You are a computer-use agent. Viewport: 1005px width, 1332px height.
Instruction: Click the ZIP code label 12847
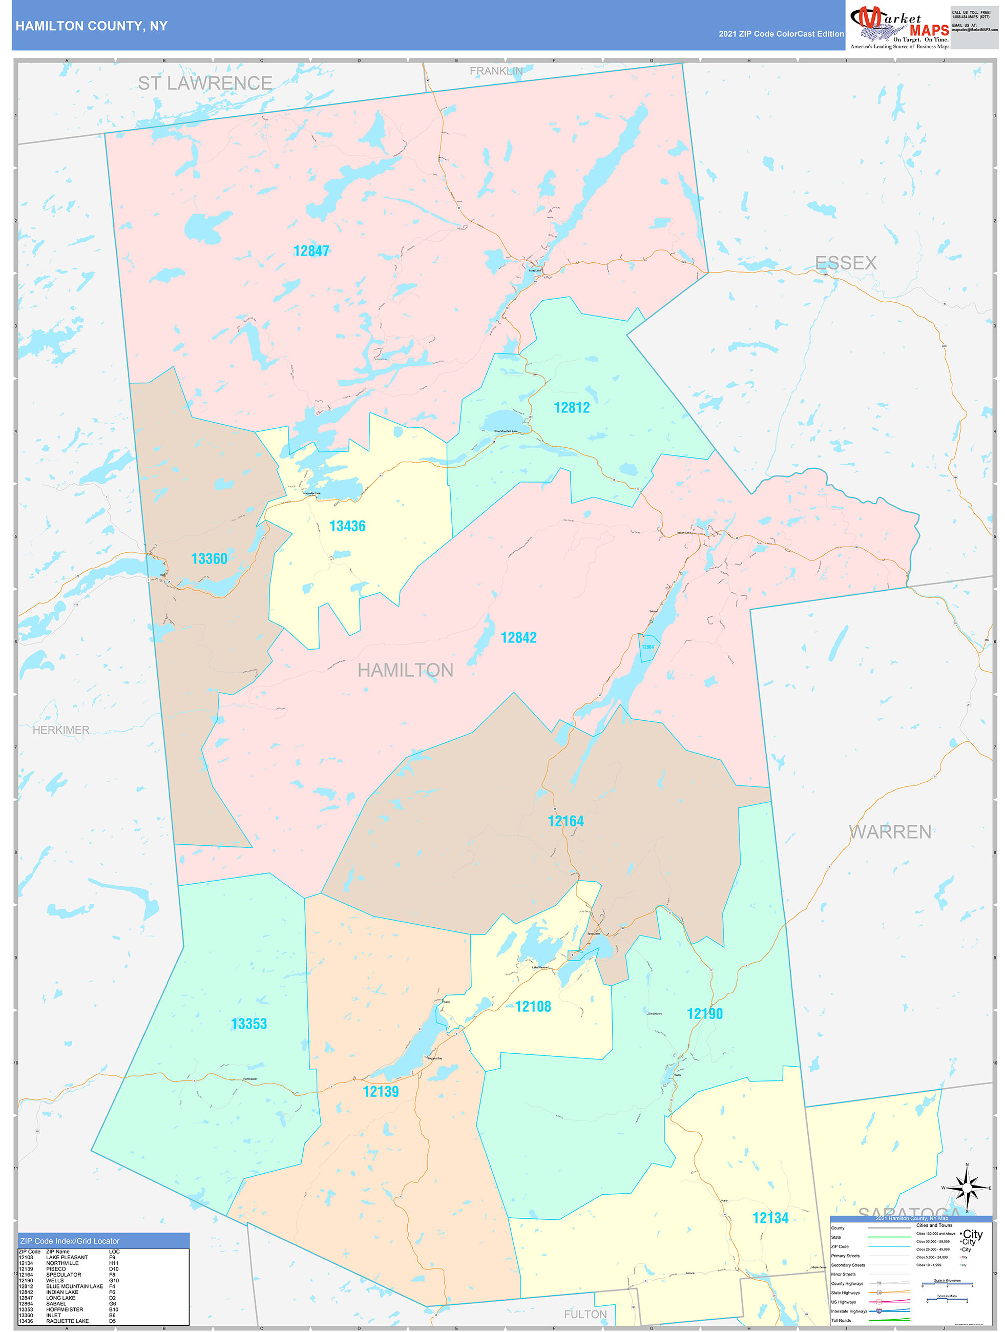311,251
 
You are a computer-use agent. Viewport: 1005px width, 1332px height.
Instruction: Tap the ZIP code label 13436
347,526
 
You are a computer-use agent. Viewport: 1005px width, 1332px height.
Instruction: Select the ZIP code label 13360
209,559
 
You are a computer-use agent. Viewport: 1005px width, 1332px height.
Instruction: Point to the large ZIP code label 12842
518,638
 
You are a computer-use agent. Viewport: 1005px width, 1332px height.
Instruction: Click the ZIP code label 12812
572,408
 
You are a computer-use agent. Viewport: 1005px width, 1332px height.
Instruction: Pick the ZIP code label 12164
566,821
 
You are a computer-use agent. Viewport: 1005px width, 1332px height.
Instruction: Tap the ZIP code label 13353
249,1024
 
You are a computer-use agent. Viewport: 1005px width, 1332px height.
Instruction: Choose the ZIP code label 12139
381,1091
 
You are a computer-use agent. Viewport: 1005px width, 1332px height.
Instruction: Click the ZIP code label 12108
533,1006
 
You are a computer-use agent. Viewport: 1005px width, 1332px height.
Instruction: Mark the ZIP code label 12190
704,1013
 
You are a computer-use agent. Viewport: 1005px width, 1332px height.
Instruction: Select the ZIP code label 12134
770,1218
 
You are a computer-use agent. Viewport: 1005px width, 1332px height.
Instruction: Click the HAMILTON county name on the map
405,670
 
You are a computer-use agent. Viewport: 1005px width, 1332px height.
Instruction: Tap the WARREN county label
890,831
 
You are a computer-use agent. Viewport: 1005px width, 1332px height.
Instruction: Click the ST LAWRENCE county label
205,83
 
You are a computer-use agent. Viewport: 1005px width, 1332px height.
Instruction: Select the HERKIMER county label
61,730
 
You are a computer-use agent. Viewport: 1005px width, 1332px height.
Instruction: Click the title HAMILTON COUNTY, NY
92,26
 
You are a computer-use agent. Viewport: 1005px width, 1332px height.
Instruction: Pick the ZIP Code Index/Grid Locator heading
69,1241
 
